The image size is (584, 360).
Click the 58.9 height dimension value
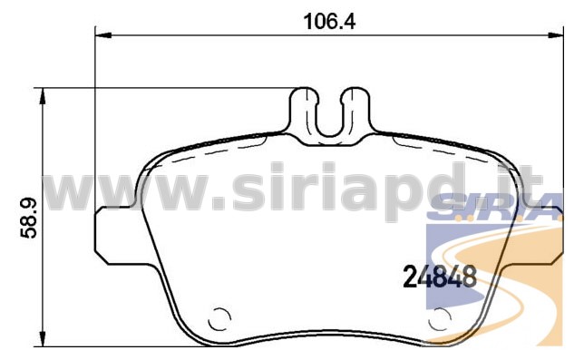29,219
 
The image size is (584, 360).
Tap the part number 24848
440,277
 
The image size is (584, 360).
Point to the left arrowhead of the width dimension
103,35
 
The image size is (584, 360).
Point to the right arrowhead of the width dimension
556,35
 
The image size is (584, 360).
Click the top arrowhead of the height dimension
44,96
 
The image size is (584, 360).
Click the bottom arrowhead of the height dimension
44,339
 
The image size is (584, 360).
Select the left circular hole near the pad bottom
219,319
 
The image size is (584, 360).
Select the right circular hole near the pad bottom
440,319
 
